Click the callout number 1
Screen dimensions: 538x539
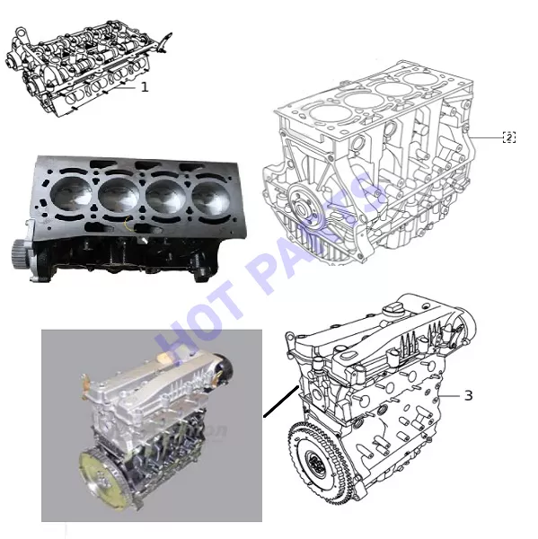pyautogui.click(x=145, y=87)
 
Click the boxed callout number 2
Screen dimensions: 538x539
pyautogui.click(x=509, y=137)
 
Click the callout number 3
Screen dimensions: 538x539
pyautogui.click(x=469, y=395)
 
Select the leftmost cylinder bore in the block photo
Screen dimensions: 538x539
pyautogui.click(x=71, y=194)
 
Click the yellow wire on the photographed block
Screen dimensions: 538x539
pyautogui.click(x=128, y=225)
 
